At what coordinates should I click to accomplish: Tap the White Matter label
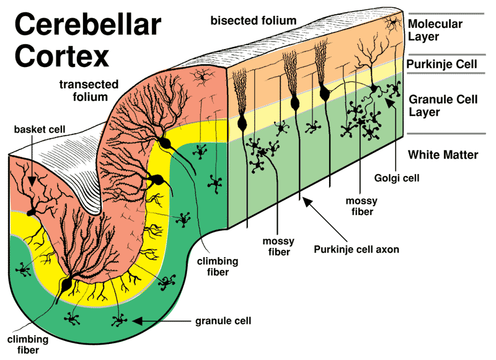coord(443,154)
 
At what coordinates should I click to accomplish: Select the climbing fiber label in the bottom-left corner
coord(25,345)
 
